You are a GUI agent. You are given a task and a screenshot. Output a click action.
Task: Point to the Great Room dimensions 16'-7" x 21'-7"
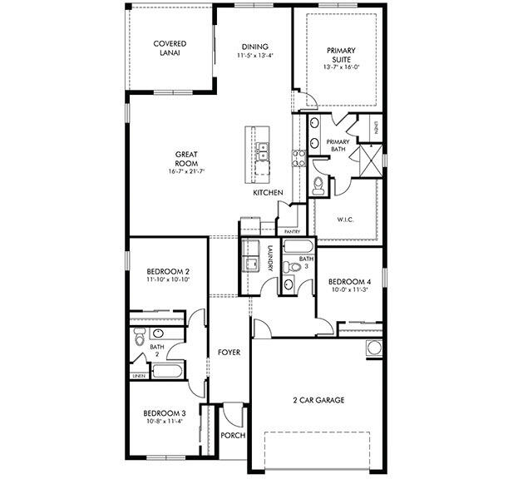[185, 171]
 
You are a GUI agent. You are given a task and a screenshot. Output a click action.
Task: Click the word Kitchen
[268, 193]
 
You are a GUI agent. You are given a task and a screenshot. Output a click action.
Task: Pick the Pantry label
[291, 231]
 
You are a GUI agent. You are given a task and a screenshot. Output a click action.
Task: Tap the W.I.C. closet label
[346, 220]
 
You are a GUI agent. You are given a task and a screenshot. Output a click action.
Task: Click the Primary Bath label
[338, 146]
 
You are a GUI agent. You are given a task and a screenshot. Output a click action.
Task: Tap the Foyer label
[229, 352]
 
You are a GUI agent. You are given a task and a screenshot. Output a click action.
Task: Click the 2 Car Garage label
[318, 400]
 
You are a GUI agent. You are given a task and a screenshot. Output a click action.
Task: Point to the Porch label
[232, 435]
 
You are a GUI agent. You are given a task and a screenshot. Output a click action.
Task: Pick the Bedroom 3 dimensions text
[165, 421]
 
